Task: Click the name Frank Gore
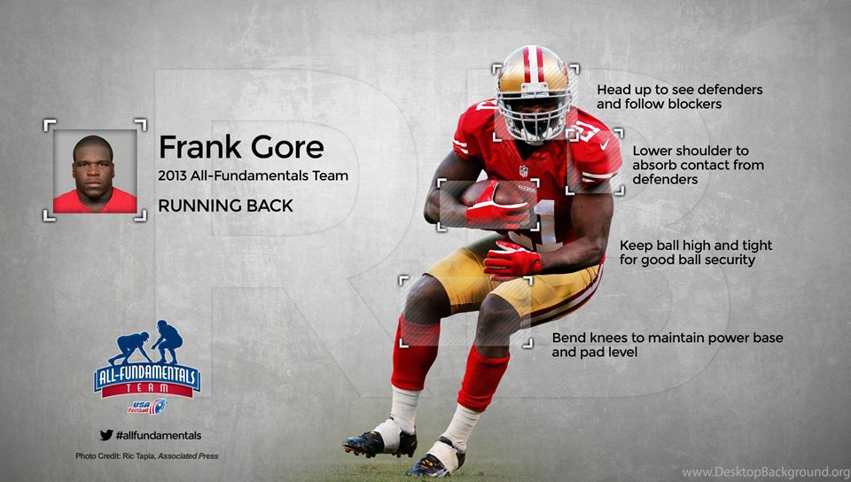(x=241, y=146)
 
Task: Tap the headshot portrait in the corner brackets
(x=95, y=171)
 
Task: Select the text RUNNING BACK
(x=225, y=206)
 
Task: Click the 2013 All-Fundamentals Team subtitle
(x=253, y=175)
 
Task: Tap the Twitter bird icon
(x=106, y=435)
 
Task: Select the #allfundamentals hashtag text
(x=159, y=435)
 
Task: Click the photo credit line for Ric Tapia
(x=147, y=456)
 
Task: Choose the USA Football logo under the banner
(x=147, y=407)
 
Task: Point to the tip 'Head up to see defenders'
(x=680, y=97)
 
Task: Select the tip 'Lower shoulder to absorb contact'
(x=698, y=165)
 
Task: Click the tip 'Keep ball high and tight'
(x=696, y=253)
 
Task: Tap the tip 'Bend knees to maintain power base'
(x=668, y=345)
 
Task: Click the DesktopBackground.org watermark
(x=765, y=471)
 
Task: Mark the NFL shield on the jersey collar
(x=523, y=171)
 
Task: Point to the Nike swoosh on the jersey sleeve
(x=605, y=144)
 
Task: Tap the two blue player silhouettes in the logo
(x=146, y=342)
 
